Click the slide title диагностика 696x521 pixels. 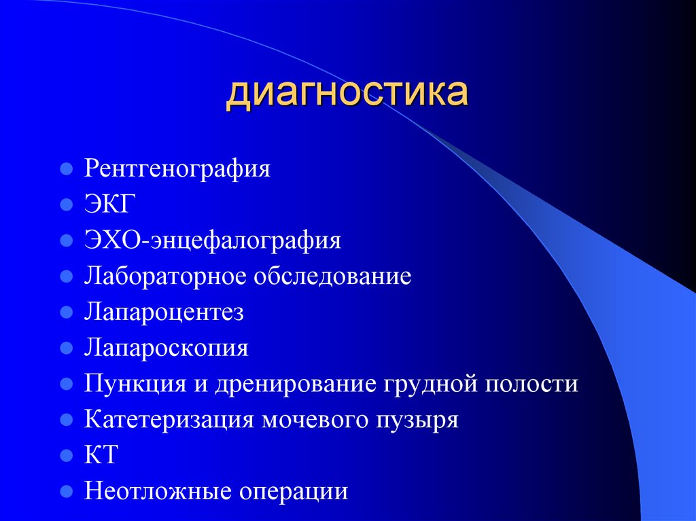347,94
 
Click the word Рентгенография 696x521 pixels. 177,168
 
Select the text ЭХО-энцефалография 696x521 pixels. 213,240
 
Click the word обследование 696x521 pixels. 333,276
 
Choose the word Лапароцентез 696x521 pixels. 164,312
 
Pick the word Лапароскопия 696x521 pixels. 167,349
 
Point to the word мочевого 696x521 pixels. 314,420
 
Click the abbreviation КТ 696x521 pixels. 101,455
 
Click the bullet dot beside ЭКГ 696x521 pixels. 66,204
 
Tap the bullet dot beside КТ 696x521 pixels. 66,455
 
